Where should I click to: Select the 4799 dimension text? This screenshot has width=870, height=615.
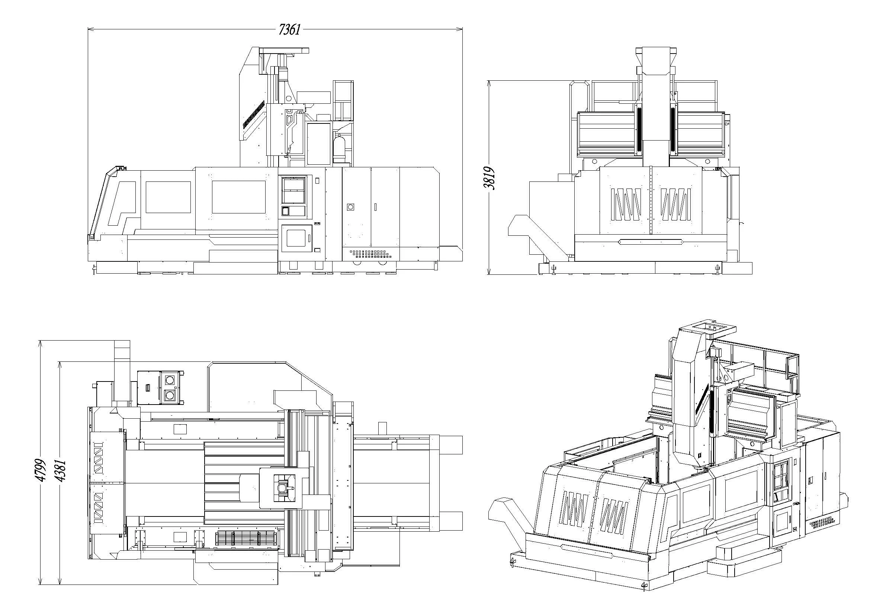(40, 470)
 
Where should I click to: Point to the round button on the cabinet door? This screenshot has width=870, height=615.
(350, 207)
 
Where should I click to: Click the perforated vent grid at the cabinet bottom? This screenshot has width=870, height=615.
(370, 253)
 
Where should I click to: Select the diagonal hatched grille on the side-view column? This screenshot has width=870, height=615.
(254, 114)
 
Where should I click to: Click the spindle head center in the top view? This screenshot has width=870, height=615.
(282, 488)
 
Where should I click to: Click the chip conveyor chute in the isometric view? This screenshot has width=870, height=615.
(510, 517)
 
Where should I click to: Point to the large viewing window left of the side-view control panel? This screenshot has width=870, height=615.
(238, 197)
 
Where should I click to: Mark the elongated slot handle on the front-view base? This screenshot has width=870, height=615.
(650, 241)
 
